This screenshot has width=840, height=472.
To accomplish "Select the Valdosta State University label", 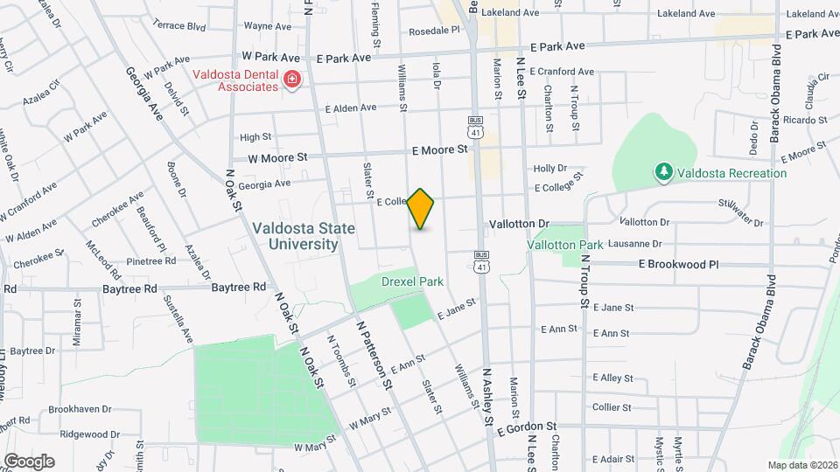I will coord(304,236).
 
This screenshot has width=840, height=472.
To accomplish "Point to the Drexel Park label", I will coord(412,281).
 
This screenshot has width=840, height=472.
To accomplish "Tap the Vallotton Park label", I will coord(566,245).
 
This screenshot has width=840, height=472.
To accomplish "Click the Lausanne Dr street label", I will coord(626,244).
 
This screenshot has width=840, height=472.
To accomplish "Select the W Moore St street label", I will coord(278,158).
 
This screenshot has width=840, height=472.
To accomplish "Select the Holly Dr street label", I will coord(550,168).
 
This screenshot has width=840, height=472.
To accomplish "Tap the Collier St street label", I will coord(612,407).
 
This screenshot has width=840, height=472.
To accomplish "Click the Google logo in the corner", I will coord(29,461).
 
